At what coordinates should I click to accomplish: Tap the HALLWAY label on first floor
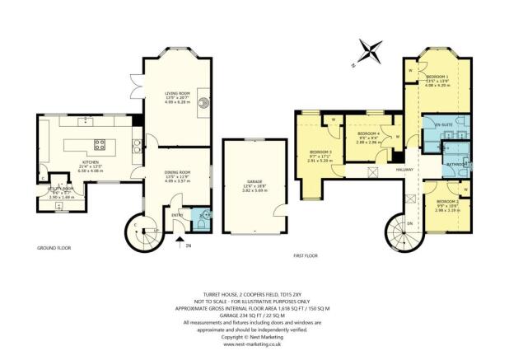[x=405, y=170]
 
